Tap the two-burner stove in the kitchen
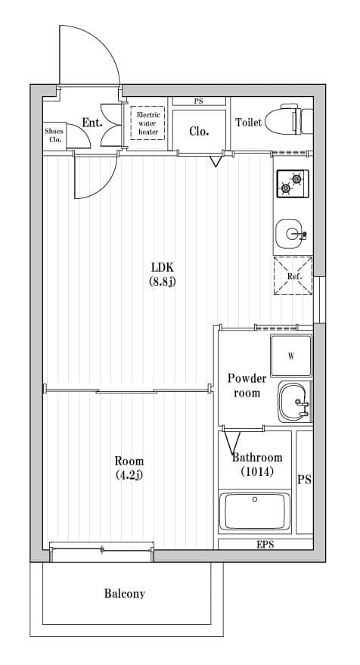point(292,183)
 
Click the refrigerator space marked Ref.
point(293,275)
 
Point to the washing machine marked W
point(291,356)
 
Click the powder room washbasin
point(293,402)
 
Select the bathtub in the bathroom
point(254,512)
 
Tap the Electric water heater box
point(147,123)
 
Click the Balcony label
point(124,594)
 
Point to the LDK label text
point(163,267)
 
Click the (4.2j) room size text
point(129,475)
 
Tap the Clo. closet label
point(199,131)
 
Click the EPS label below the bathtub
point(265,544)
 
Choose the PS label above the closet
point(198,101)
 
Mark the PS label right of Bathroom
point(304,480)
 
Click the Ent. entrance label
point(92,123)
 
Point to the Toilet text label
point(249,123)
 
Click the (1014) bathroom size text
point(257,471)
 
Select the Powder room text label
point(247,385)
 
